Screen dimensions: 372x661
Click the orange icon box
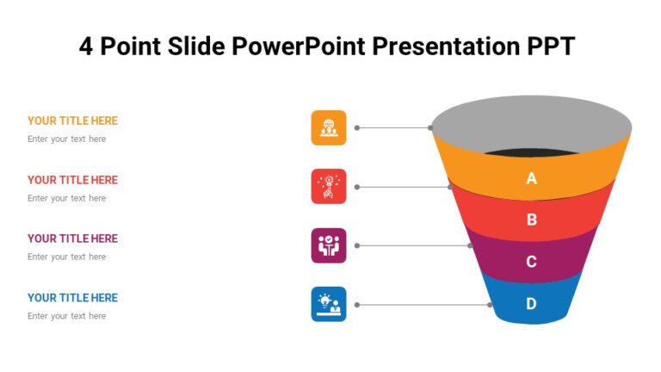329,127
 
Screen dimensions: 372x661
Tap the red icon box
329,186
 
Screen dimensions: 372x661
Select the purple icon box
329,245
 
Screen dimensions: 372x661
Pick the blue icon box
329,304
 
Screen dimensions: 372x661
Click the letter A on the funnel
531,179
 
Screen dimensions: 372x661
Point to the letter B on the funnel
531,220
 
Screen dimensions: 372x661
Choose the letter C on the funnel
531,262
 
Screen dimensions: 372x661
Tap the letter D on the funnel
531,303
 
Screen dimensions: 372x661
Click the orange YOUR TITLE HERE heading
72,121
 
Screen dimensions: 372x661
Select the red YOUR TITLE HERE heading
72,180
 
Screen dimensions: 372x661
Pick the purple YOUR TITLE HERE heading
72,239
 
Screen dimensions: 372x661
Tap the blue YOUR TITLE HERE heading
72,298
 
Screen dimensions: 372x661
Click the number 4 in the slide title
86,46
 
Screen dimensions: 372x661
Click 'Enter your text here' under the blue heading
67,316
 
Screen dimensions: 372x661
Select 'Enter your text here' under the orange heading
67,139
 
